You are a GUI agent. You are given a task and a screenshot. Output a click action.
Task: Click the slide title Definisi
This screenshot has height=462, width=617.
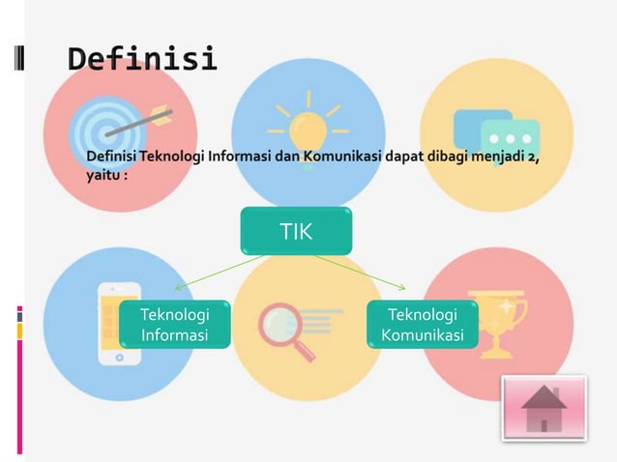142,59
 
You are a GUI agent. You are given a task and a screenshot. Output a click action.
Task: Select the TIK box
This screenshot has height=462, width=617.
296,232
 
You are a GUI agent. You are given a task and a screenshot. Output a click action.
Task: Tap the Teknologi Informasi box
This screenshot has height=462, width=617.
173,325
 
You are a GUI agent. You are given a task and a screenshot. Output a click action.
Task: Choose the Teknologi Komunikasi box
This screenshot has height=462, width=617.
422,325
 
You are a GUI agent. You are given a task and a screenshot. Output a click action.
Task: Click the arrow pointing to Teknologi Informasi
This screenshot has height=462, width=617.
218,272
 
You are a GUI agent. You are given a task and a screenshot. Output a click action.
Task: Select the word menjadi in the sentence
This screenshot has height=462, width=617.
496,158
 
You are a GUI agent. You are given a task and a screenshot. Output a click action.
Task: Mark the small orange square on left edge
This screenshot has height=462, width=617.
19,332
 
